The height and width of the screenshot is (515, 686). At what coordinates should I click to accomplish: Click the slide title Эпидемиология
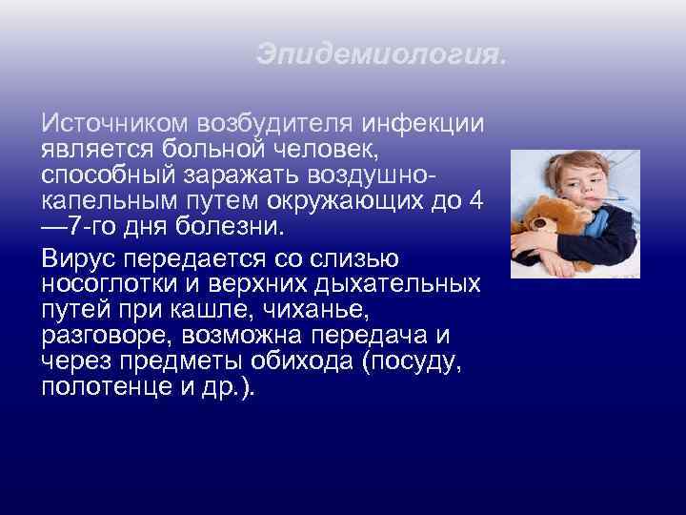[381, 56]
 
